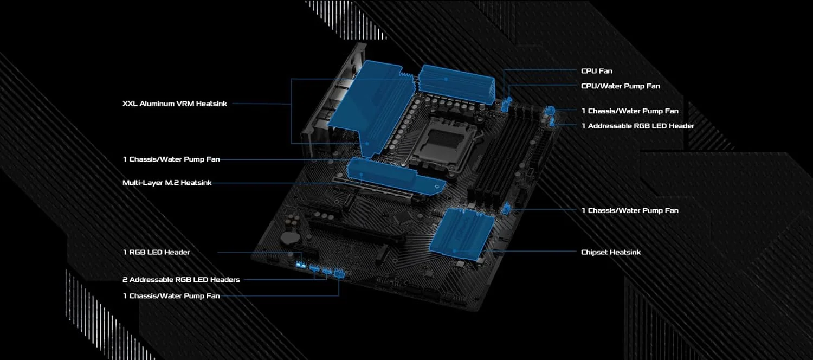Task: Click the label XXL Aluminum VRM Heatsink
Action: pyautogui.click(x=175, y=103)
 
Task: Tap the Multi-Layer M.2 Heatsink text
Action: pyautogui.click(x=167, y=183)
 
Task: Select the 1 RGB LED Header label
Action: pyautogui.click(x=156, y=252)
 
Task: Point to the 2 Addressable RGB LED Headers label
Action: pyautogui.click(x=180, y=280)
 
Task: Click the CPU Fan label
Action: pyautogui.click(x=596, y=71)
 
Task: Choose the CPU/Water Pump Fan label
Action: pyautogui.click(x=620, y=86)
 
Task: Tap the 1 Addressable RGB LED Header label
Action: pyautogui.click(x=637, y=126)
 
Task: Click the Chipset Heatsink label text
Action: pyautogui.click(x=610, y=252)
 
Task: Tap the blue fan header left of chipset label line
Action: pyautogui.click(x=507, y=208)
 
